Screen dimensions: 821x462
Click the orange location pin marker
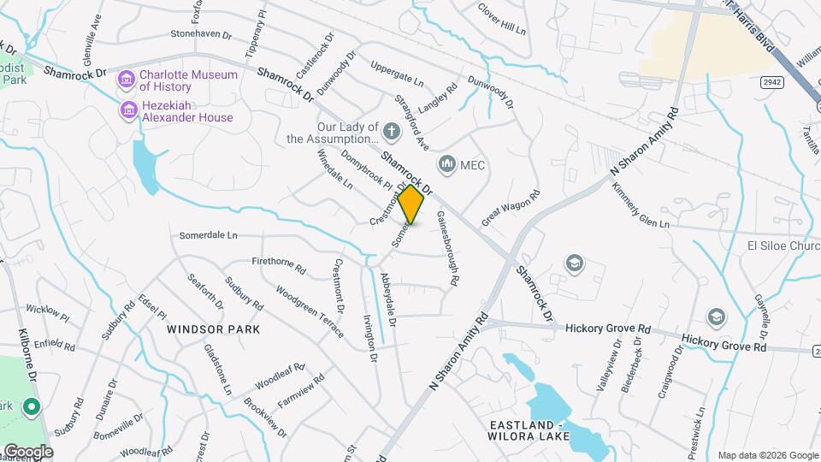[x=411, y=205]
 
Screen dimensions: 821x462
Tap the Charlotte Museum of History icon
[x=127, y=80]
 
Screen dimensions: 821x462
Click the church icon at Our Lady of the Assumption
[x=392, y=132]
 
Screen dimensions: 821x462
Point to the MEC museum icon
[x=446, y=164]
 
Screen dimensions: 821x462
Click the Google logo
[x=27, y=451]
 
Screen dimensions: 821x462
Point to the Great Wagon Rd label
[x=511, y=209]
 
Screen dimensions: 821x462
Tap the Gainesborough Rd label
[x=449, y=248]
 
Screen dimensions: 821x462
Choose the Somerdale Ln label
[x=208, y=235]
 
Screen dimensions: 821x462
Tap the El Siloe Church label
[x=783, y=246]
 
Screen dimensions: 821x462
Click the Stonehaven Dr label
[x=201, y=35]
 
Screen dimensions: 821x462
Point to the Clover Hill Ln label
[x=502, y=18]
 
